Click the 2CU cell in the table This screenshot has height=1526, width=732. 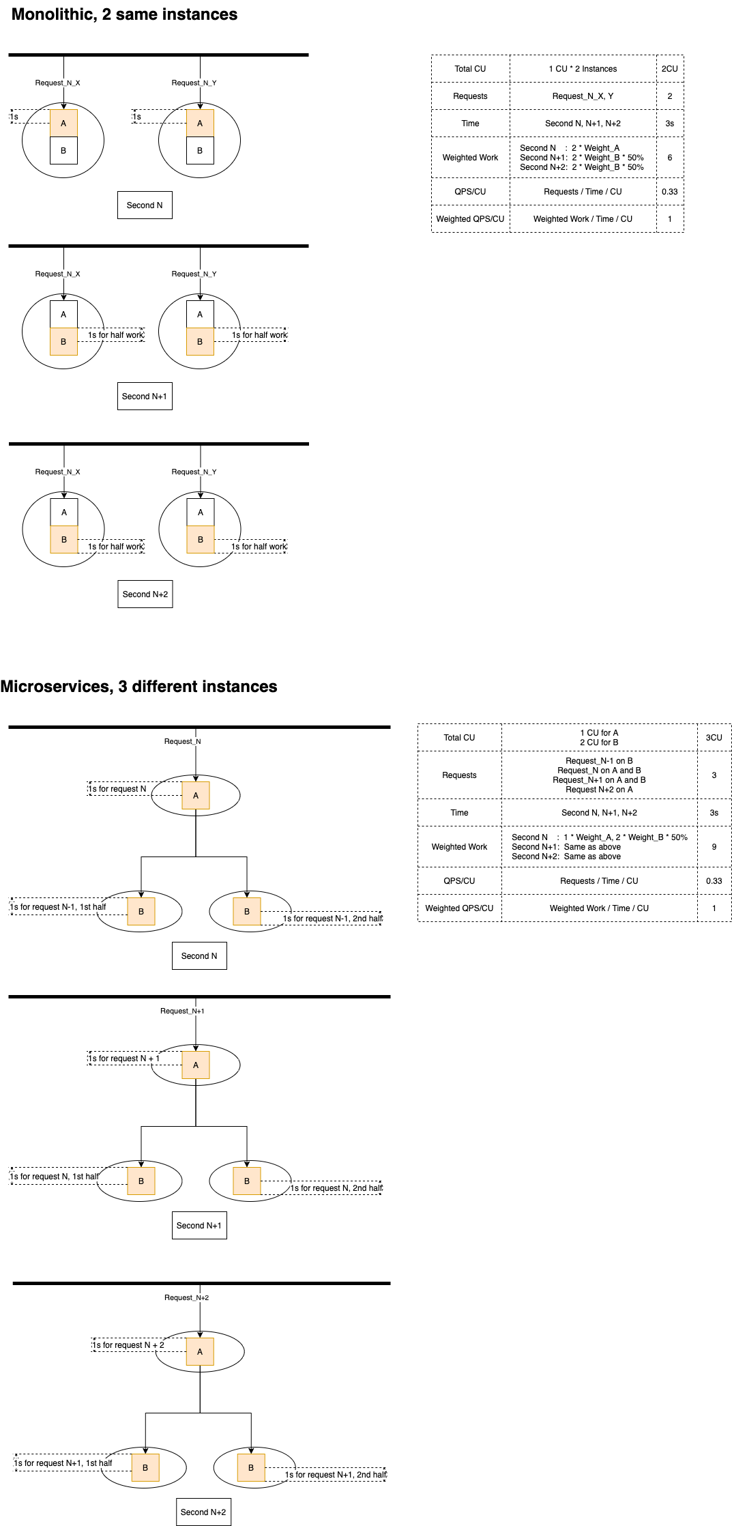point(669,69)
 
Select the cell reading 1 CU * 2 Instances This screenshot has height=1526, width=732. point(583,69)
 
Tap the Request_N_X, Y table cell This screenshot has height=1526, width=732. point(583,96)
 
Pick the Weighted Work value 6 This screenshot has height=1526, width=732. point(669,158)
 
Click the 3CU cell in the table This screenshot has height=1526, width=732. point(714,738)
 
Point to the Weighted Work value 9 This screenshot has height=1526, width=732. point(714,847)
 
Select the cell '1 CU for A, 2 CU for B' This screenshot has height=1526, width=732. point(599,738)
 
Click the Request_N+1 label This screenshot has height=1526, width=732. point(182,1011)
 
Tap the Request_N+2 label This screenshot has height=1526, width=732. point(186,1297)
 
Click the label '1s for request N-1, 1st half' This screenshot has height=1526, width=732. point(58,907)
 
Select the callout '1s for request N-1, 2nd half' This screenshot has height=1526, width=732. point(332,919)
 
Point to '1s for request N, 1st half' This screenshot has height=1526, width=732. point(54,1177)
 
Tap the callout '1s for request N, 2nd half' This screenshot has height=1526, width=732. point(336,1188)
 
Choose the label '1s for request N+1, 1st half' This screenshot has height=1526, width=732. point(63,1463)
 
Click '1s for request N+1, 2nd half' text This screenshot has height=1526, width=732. point(336,1475)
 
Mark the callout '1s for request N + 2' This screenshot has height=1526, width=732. point(128,1345)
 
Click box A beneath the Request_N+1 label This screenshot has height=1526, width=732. point(196,1065)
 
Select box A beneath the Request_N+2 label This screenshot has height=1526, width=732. point(200,1352)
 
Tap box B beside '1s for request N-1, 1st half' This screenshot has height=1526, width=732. point(141,912)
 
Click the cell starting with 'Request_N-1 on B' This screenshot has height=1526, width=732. point(599,775)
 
